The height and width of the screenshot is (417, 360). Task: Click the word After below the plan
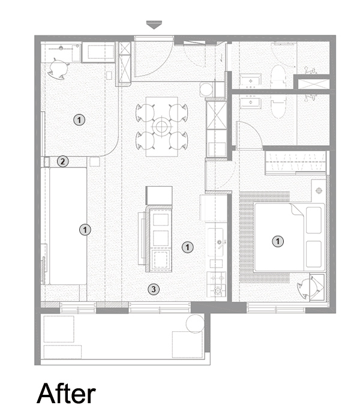click(x=66, y=394)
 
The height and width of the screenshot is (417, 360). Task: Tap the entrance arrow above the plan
click(x=154, y=25)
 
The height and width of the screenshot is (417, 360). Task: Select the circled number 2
click(x=63, y=161)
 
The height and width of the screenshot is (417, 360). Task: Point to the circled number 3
click(x=154, y=289)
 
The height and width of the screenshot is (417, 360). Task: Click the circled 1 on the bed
click(x=278, y=241)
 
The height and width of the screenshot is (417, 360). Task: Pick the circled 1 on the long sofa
click(x=85, y=230)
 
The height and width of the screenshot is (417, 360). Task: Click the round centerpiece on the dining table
click(x=161, y=127)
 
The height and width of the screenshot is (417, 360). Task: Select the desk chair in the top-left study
click(x=58, y=68)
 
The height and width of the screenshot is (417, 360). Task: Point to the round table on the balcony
click(x=195, y=323)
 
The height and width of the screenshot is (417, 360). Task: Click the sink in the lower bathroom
click(x=250, y=103)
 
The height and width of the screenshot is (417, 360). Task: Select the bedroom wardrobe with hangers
click(x=296, y=163)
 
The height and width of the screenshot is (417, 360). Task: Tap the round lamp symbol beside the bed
click(x=319, y=190)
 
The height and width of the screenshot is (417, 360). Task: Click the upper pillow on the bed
click(x=314, y=220)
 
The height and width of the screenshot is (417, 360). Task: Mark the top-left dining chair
click(x=145, y=113)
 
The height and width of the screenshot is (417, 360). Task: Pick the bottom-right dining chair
click(x=178, y=141)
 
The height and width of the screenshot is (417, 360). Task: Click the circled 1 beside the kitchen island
click(x=187, y=247)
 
